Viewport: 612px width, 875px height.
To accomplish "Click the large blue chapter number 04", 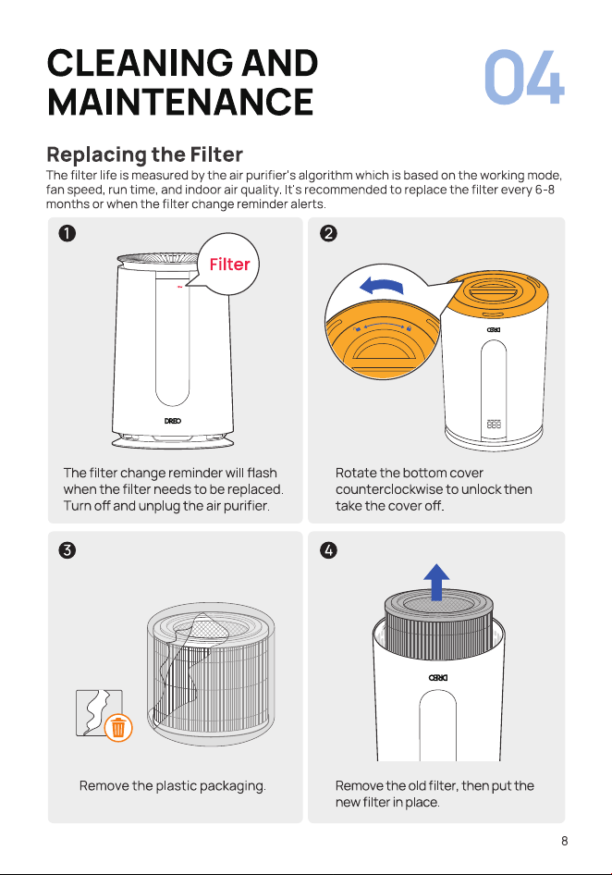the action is tap(524, 77).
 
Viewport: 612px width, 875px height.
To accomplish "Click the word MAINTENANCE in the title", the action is tap(181, 102).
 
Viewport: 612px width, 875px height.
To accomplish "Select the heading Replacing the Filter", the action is tap(145, 154).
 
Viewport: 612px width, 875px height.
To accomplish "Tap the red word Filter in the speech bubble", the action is tap(230, 264).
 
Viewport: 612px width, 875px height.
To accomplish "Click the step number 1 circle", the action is tap(67, 233).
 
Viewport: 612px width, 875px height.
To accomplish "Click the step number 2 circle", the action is tap(328, 233).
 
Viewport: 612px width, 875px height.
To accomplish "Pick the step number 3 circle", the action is tap(67, 550).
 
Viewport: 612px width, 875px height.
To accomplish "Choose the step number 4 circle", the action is tap(328, 550).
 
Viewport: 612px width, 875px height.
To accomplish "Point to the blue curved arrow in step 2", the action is tap(382, 285).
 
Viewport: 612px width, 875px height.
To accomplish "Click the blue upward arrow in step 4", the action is tap(436, 582).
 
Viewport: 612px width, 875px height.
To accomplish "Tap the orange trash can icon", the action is tap(118, 728).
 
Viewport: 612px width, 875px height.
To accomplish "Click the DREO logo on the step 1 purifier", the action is tap(173, 421).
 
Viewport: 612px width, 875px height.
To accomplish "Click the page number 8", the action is tap(565, 841).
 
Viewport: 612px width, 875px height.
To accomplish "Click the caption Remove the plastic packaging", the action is tap(172, 785).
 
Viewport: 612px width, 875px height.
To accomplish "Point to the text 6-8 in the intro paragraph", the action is tap(545, 190).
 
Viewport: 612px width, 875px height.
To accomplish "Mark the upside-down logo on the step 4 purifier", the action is tap(438, 677).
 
